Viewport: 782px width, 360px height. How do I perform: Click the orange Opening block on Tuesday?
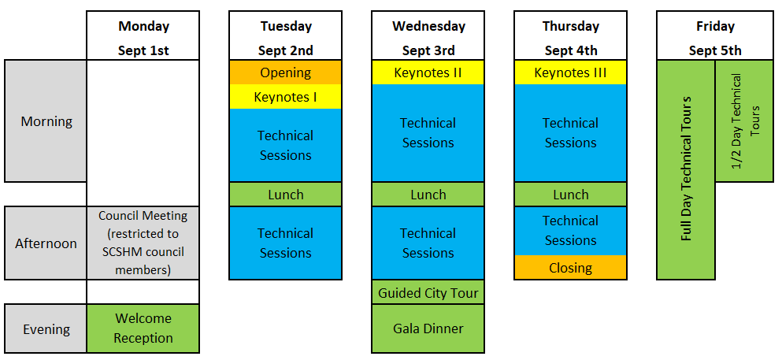pos(285,72)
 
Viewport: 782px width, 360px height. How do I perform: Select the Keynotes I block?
pos(285,97)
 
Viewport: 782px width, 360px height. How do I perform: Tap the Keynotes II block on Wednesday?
pos(428,72)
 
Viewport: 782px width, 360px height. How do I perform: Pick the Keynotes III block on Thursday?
pos(570,72)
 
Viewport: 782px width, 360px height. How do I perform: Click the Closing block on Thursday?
pos(570,268)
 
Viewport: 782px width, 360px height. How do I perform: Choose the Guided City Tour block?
pos(428,293)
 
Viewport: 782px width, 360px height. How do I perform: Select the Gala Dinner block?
pos(428,328)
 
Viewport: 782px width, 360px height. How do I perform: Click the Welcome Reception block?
pos(143,328)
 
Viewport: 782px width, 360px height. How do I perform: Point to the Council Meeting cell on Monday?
pos(143,243)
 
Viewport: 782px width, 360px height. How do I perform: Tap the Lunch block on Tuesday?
pos(285,195)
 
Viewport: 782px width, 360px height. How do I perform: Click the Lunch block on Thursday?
pos(570,195)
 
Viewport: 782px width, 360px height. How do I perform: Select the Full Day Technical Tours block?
pos(686,169)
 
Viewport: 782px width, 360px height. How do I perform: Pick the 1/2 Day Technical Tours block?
pos(745,121)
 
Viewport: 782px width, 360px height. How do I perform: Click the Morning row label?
pos(46,121)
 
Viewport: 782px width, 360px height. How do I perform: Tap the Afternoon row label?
pos(46,243)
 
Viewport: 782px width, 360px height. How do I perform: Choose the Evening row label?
pos(46,328)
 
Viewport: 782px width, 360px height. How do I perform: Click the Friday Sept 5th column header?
pos(715,36)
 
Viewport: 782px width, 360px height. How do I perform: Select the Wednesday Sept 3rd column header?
pos(428,36)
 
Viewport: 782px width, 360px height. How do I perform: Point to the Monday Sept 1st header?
pos(143,36)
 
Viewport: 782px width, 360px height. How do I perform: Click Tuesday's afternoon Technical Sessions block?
pos(285,243)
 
